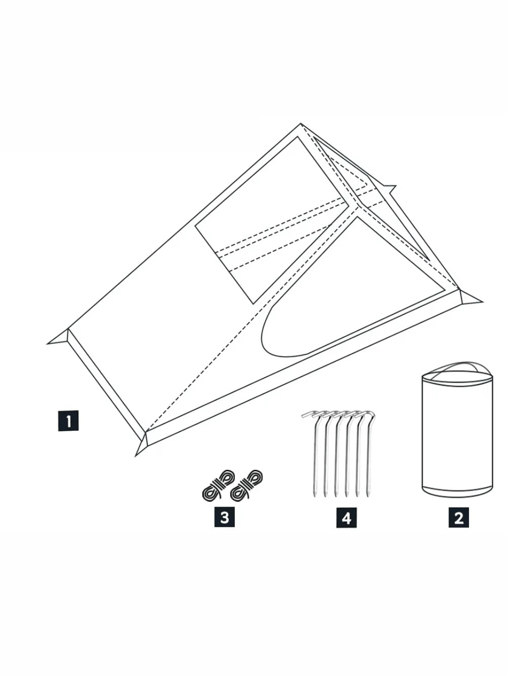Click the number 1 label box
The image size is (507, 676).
click(x=69, y=420)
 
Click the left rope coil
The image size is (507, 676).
click(x=218, y=486)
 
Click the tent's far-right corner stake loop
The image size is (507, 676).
click(x=470, y=297)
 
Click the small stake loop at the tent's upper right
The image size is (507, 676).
click(x=388, y=189)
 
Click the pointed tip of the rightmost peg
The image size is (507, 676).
click(x=368, y=496)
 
